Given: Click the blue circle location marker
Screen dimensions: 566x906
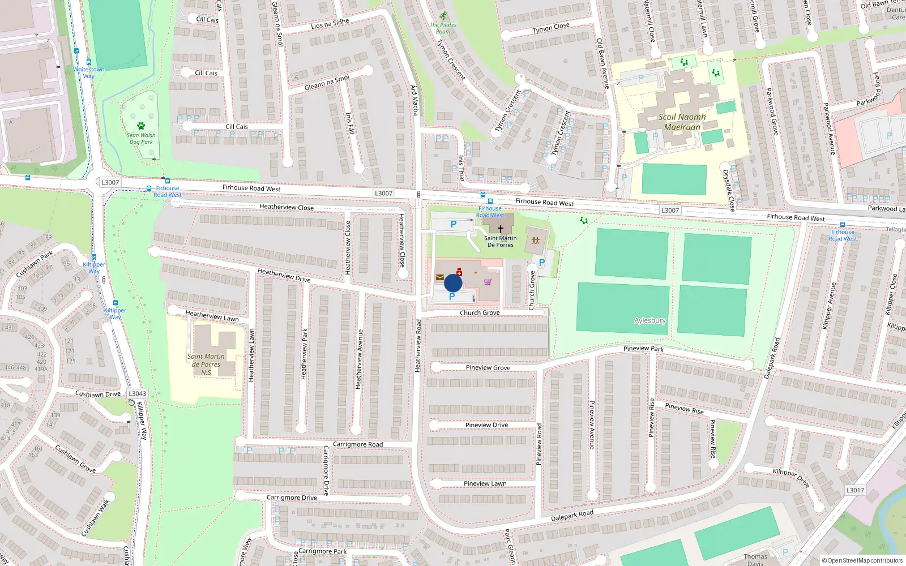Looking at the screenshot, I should pos(453,283).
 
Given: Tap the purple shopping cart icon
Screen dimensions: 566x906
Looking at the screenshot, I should pos(488,282).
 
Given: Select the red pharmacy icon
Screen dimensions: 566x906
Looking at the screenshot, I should pos(459,273).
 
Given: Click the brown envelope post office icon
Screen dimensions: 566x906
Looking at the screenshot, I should pos(440,277).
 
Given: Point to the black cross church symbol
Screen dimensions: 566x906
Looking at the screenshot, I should pos(501,229).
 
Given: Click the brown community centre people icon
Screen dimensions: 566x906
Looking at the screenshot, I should pos(536,241).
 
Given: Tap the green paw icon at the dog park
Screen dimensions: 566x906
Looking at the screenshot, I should pos(141,126).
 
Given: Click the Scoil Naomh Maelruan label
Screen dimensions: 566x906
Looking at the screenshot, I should pos(682,122).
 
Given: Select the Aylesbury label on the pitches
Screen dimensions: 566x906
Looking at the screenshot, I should pos(649,320).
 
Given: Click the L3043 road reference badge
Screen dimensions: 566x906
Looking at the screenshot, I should pos(137,393).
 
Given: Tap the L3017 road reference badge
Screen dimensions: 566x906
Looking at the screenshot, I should pos(855,490).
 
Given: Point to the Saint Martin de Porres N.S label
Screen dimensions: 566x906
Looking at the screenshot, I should pos(206,365).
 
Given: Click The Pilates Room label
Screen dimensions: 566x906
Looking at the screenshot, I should pos(443,28).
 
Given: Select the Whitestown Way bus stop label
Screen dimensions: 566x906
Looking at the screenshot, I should pos(89,73).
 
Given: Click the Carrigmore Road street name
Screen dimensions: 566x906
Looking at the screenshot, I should pos(358,444).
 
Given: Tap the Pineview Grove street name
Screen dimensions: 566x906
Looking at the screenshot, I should pos(488,368).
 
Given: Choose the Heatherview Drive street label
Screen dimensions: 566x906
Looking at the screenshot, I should pos(284,275).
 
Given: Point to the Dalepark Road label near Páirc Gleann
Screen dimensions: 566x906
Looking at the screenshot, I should pos(572,516).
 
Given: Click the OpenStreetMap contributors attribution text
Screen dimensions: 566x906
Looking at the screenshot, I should pos(862,561).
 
